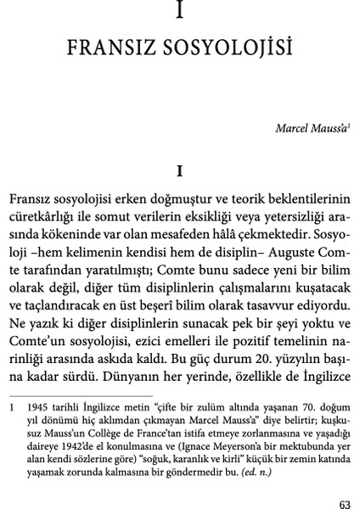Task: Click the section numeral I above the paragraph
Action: click(180, 169)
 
